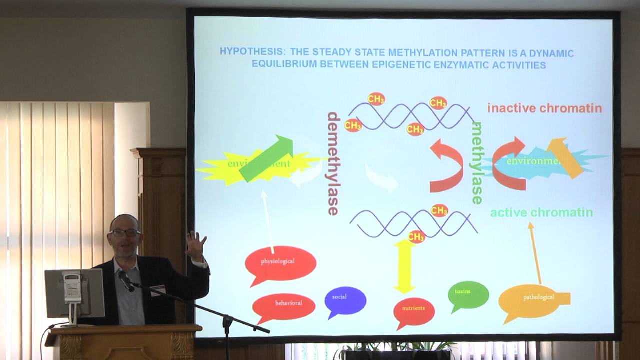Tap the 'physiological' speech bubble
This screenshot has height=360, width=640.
coord(280,262)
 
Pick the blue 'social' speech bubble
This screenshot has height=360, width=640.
coord(345,300)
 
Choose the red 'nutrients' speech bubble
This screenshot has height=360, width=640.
coord(414,311)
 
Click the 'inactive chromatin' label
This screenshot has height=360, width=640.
coord(544,108)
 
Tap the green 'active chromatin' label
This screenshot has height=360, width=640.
coord(541,213)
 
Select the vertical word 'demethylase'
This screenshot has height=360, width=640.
coord(333,163)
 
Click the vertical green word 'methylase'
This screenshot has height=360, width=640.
coord(477,163)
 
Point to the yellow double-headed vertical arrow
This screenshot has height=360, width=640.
coord(404,266)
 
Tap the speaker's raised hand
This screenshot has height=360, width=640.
coord(196,245)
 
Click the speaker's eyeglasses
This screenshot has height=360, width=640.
coord(124,232)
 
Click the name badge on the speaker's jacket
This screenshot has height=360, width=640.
coord(158,290)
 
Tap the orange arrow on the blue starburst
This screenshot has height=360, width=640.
coord(565,157)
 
